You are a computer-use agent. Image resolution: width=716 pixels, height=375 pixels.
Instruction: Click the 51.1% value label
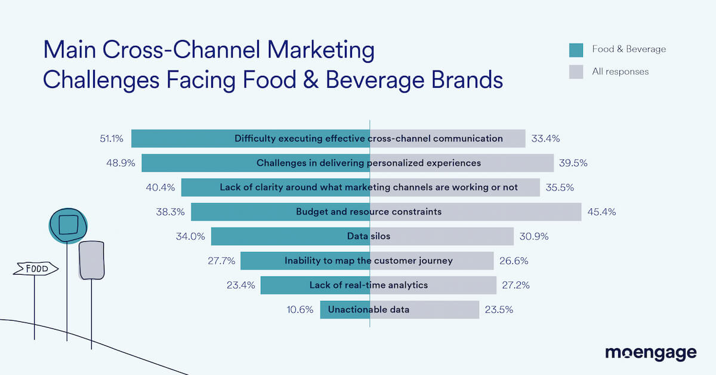pyautogui.click(x=112, y=139)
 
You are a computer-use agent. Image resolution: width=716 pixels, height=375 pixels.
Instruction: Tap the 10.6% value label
pyautogui.click(x=300, y=310)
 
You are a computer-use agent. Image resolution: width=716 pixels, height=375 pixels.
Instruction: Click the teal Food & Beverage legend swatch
pyautogui.click(x=576, y=50)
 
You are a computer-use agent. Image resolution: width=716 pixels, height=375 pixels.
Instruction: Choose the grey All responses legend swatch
pyautogui.click(x=576, y=72)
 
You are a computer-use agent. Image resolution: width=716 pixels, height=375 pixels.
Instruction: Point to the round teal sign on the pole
pyautogui.click(x=68, y=225)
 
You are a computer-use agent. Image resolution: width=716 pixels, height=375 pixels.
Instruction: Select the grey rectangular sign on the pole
pyautogui.click(x=91, y=260)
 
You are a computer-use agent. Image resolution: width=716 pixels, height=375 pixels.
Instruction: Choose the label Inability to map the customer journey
pyautogui.click(x=368, y=261)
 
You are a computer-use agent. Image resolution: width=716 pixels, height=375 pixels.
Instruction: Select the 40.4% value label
pyautogui.click(x=161, y=187)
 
